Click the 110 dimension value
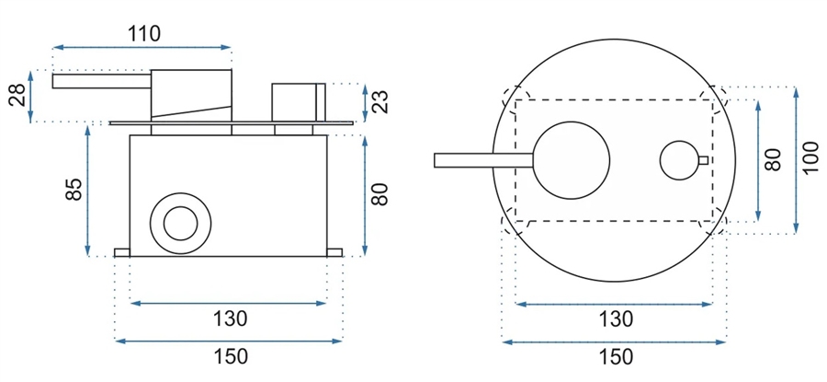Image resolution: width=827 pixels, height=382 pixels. pos(144,34)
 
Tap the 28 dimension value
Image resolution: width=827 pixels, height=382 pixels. pos(17,96)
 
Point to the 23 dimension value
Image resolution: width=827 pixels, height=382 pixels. pos(380,102)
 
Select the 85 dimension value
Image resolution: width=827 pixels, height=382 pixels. pos(74,189)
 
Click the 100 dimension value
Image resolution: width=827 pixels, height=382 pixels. pos(810,156)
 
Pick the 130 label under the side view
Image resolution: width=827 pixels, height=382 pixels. pos(230,318)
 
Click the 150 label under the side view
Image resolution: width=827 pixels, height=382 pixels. pos(230,356)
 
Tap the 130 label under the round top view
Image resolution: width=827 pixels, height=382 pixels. pos(615,319)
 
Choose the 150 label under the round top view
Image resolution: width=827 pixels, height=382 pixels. pos(616,357)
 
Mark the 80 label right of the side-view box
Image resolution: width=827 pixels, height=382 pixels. pos(380,194)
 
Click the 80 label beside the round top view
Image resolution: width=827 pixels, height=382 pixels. pos(773,159)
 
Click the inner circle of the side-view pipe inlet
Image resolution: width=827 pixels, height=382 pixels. pos(180,224)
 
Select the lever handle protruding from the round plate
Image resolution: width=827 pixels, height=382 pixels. pos(483,160)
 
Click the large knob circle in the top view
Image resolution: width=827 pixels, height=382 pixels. pos(572,160)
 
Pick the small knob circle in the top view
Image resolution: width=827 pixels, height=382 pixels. pos(680,160)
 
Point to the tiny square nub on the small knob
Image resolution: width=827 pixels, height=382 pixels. pos(703,160)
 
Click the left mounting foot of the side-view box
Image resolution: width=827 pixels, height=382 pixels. pos(122,252)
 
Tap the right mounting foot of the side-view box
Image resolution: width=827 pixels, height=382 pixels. pos(334,252)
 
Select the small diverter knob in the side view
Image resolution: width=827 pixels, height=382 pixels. pos(299,102)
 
